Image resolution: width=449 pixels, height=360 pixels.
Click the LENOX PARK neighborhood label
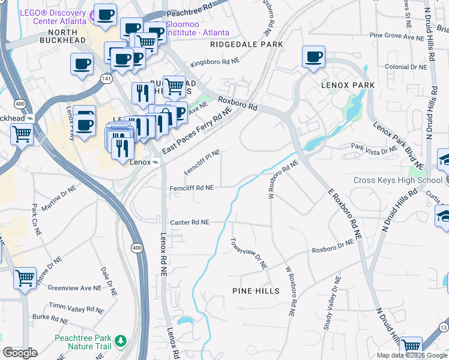[x=348, y=85]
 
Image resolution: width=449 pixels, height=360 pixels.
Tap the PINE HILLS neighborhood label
[x=256, y=291]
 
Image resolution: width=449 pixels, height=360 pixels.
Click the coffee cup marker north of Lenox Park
[x=313, y=58]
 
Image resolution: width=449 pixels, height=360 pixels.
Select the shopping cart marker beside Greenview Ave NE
[x=25, y=278]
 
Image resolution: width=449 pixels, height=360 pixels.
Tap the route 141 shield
[x=106, y=79]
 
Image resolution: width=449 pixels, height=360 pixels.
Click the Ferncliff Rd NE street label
[x=191, y=188]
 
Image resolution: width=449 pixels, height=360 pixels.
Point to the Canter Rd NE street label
[x=189, y=222]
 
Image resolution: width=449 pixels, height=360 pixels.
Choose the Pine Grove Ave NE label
[x=397, y=36]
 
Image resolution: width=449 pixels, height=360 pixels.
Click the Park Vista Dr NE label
[x=373, y=149]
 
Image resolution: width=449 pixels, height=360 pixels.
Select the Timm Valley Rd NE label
[x=76, y=307]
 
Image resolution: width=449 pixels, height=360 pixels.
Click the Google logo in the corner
[x=20, y=353]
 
